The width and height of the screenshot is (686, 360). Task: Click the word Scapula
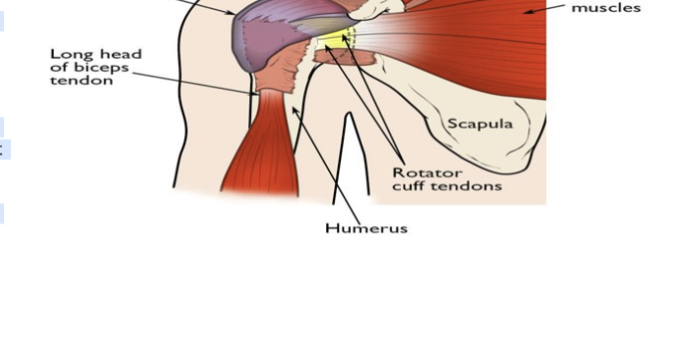(480, 124)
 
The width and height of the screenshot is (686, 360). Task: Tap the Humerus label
(367, 227)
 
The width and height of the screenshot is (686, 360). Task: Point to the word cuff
(408, 185)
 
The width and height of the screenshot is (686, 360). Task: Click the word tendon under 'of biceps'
(82, 81)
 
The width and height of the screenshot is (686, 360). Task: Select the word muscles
(606, 8)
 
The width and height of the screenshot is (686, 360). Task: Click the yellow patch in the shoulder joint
(333, 41)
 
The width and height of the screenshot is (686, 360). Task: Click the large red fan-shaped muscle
(479, 50)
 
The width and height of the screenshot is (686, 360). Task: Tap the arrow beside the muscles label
(543, 8)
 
